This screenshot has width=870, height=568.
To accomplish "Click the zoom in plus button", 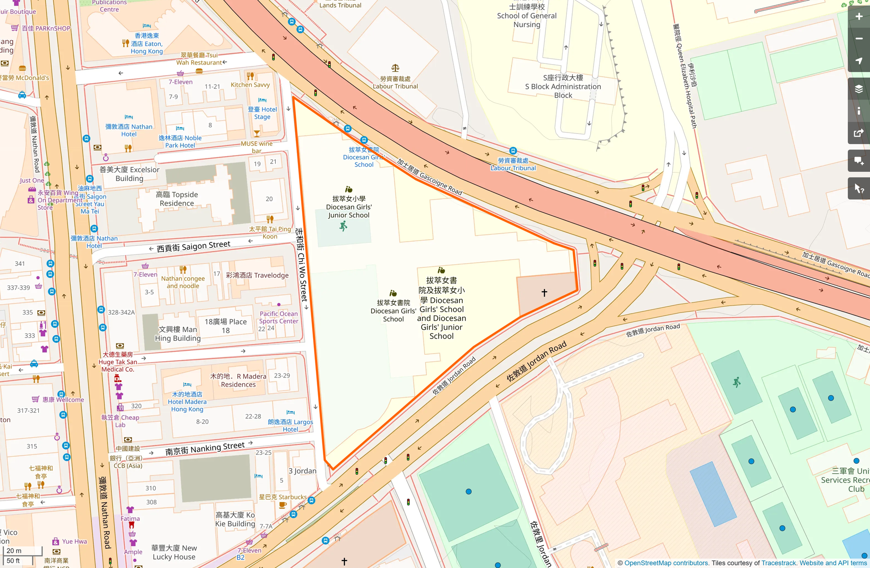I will [x=858, y=17].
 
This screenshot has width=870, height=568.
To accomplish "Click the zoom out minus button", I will [x=858, y=39].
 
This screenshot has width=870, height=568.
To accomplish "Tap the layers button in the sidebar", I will [x=858, y=89].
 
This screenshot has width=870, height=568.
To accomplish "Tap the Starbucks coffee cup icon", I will [x=283, y=505].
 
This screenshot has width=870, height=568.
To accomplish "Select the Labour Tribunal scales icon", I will [x=395, y=68].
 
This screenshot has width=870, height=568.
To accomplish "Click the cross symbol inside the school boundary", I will [x=544, y=293].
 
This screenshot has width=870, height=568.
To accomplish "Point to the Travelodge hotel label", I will [x=257, y=275].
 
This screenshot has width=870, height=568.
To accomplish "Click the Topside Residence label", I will [x=177, y=199].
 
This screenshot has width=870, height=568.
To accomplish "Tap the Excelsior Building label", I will [x=129, y=174].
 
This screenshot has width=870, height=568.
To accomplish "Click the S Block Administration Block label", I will [x=563, y=86].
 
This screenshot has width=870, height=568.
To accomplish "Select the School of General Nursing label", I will [x=526, y=16].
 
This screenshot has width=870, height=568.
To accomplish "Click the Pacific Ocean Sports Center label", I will [x=278, y=317].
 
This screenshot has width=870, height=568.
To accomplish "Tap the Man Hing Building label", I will [x=178, y=333].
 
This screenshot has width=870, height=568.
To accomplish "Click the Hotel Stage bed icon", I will [x=262, y=100].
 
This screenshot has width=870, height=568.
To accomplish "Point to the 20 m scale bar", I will [x=22, y=551].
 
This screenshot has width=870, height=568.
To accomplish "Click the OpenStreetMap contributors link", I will [x=666, y=563].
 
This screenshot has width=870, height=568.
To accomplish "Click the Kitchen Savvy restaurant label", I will [x=250, y=85].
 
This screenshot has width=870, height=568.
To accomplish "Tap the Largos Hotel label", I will [x=290, y=425].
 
